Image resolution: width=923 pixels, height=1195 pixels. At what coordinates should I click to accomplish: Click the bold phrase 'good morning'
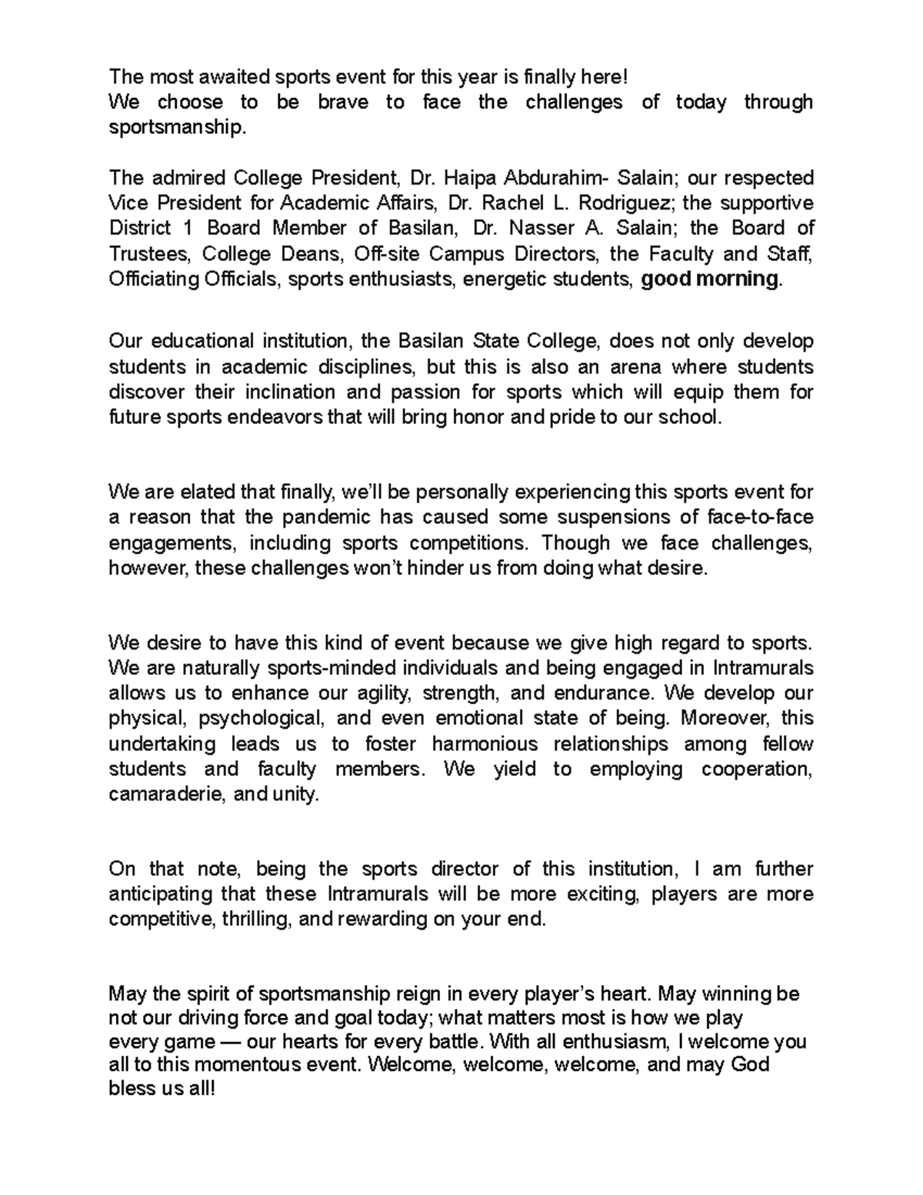pyautogui.click(x=710, y=279)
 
